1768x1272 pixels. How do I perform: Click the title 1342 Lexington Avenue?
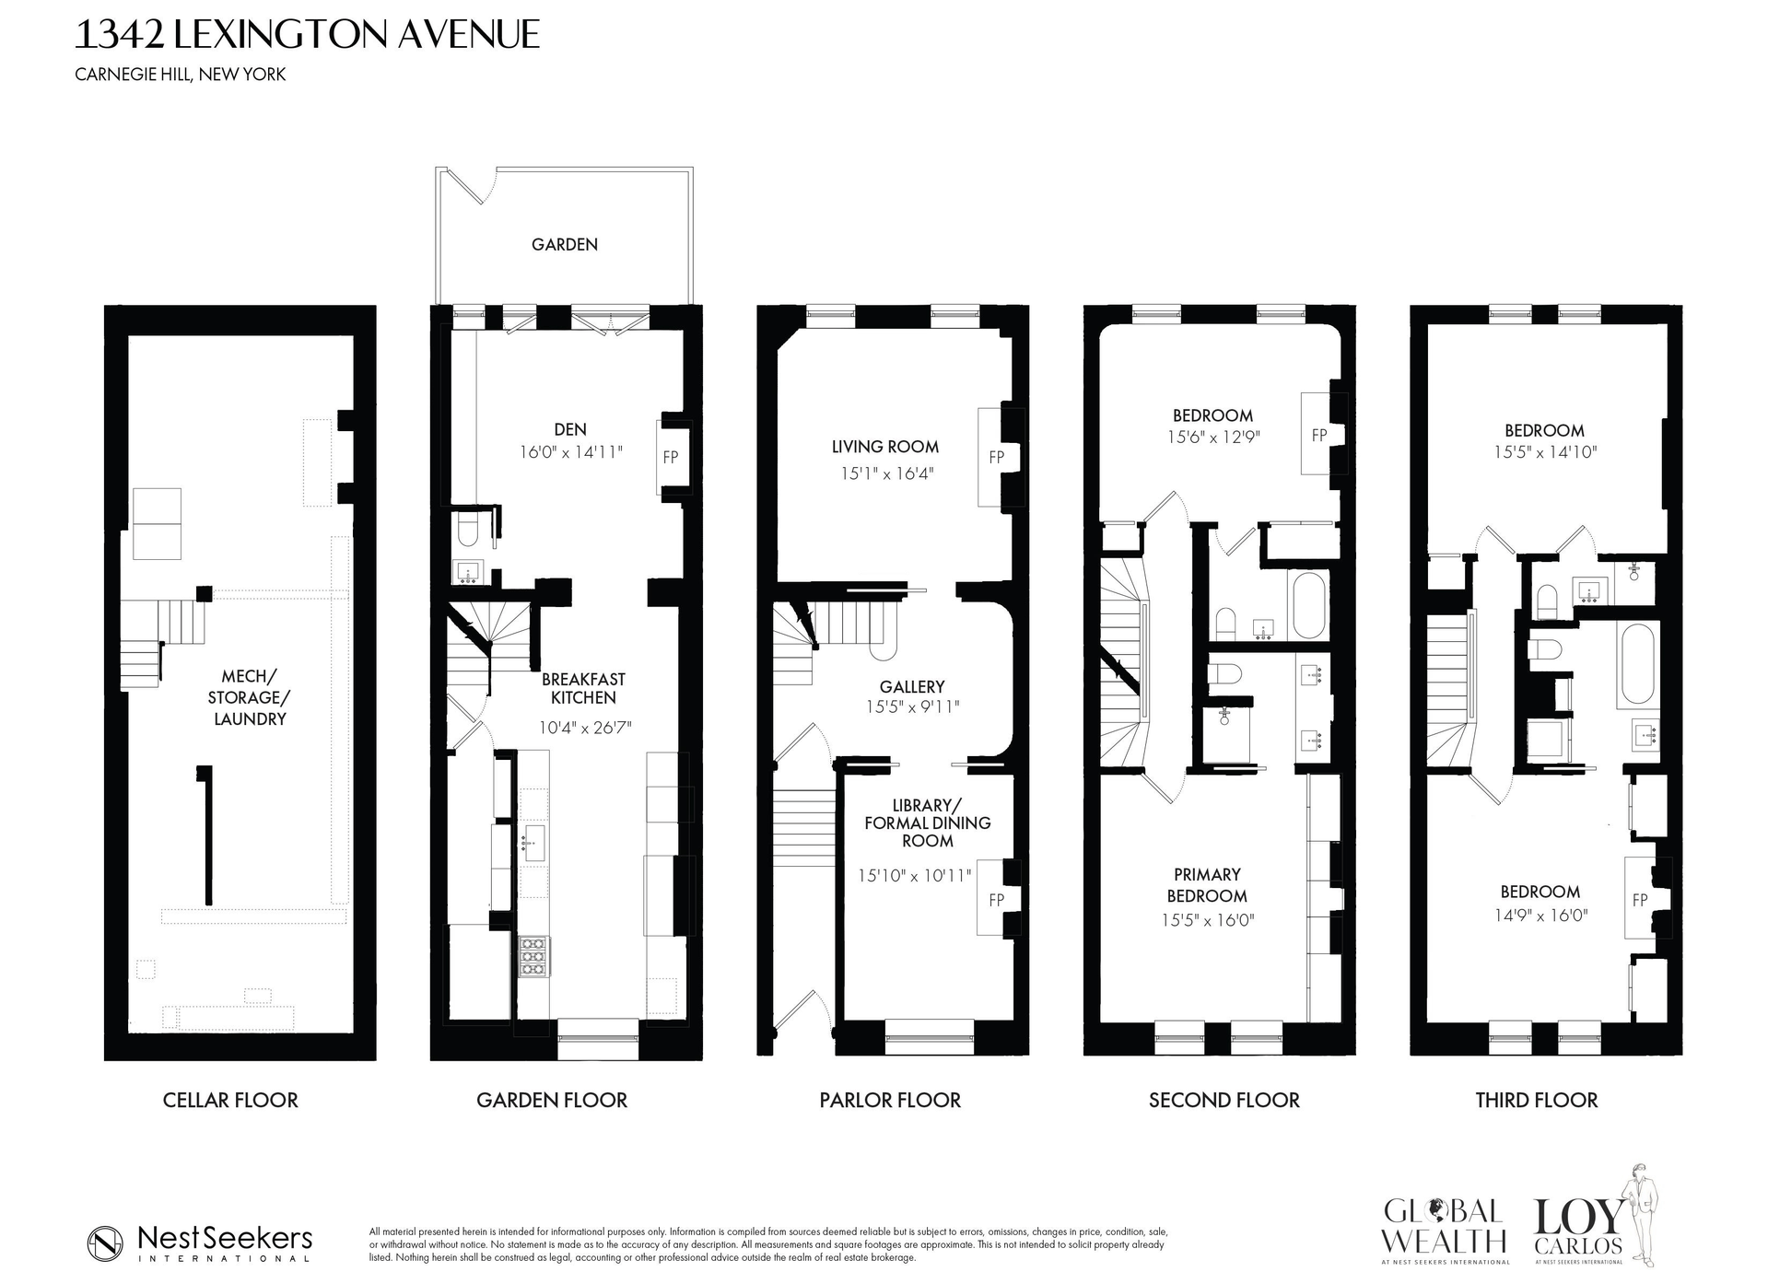306,35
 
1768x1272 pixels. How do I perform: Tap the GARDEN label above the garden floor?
564,244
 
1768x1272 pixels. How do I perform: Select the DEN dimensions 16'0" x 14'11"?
570,451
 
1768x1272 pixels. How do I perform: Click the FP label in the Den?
671,457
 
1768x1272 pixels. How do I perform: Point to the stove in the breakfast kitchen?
533,956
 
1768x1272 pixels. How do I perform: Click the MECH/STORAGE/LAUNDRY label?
250,697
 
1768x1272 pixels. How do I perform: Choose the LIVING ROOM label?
884,447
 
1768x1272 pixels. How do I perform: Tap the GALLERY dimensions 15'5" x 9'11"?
911,707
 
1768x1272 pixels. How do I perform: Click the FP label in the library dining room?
996,900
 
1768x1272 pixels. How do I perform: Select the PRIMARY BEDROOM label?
1206,884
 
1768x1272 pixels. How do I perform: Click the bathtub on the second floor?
1309,605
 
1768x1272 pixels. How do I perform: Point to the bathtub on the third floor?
1637,663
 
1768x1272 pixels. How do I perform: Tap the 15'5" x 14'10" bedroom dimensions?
1544,452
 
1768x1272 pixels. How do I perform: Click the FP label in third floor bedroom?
1640,900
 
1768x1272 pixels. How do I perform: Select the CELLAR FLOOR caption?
230,1100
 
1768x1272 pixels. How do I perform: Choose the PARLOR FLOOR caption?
889,1100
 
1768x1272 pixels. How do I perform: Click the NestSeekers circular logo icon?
106,1243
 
